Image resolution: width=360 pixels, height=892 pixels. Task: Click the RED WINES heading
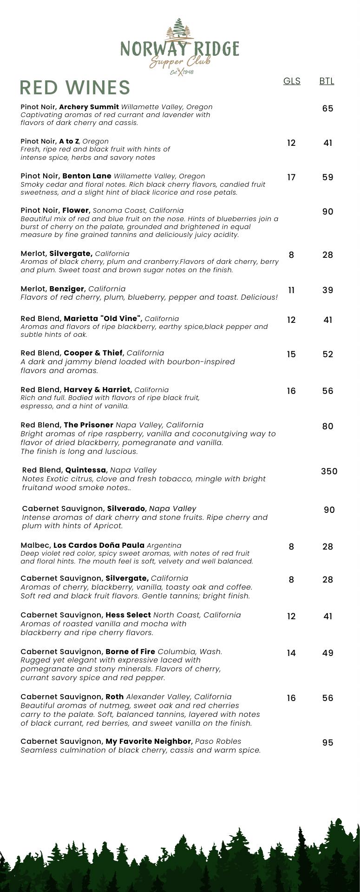75,87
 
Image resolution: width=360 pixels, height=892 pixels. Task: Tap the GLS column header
292,81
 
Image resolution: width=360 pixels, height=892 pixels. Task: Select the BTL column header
327,81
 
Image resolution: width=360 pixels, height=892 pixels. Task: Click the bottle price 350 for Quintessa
329,471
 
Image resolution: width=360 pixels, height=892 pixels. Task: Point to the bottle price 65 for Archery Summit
327,108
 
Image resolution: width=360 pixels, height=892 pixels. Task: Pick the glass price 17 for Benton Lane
291,177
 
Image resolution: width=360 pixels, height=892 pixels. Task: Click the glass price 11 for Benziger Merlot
291,290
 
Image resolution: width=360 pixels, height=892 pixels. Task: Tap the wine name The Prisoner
88,425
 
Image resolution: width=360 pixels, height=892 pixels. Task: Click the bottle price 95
327,742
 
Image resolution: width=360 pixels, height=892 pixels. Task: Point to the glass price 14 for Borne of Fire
291,653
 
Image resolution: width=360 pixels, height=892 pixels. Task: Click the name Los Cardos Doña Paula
99,545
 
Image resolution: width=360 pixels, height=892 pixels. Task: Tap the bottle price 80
327,426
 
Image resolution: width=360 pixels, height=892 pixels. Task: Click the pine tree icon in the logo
179,30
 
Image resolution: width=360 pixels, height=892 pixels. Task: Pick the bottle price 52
327,354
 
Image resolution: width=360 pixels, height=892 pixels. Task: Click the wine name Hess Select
128,615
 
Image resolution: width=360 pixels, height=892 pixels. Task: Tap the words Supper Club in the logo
180,61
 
